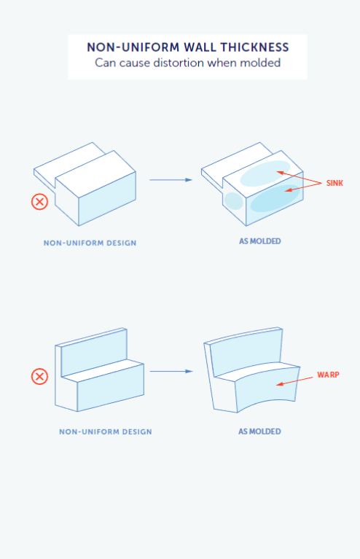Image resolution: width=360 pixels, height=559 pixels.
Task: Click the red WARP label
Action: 328,375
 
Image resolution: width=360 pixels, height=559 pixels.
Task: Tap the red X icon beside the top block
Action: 39,201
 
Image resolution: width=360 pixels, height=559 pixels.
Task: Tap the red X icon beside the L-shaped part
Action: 39,376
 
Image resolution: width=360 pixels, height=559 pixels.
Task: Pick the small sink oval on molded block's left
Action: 232,200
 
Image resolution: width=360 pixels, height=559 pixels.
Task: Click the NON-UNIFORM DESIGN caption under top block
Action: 90,242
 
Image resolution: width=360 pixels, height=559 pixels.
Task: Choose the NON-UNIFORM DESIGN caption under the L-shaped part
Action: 106,431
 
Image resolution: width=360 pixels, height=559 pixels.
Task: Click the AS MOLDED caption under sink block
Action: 259,241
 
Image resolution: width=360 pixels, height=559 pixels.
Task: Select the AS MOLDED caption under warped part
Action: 259,431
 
